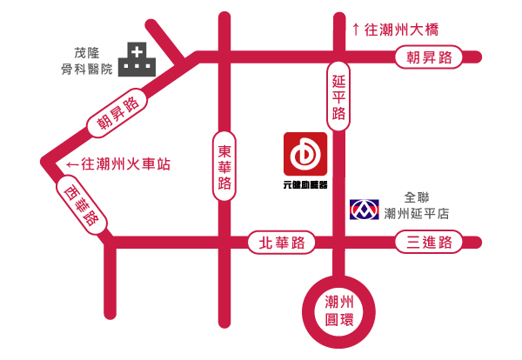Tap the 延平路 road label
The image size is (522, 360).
pos(339,97)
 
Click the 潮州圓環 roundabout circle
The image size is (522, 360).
pos(338,310)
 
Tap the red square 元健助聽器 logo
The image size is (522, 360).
pos(304,154)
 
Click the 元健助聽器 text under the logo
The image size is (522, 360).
pos(304,184)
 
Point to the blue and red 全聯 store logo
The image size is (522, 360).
pos(364,210)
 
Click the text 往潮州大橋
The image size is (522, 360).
pos(401,30)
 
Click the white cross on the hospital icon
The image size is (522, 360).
pos(137,52)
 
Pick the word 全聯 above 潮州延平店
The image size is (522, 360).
pos(418,197)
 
